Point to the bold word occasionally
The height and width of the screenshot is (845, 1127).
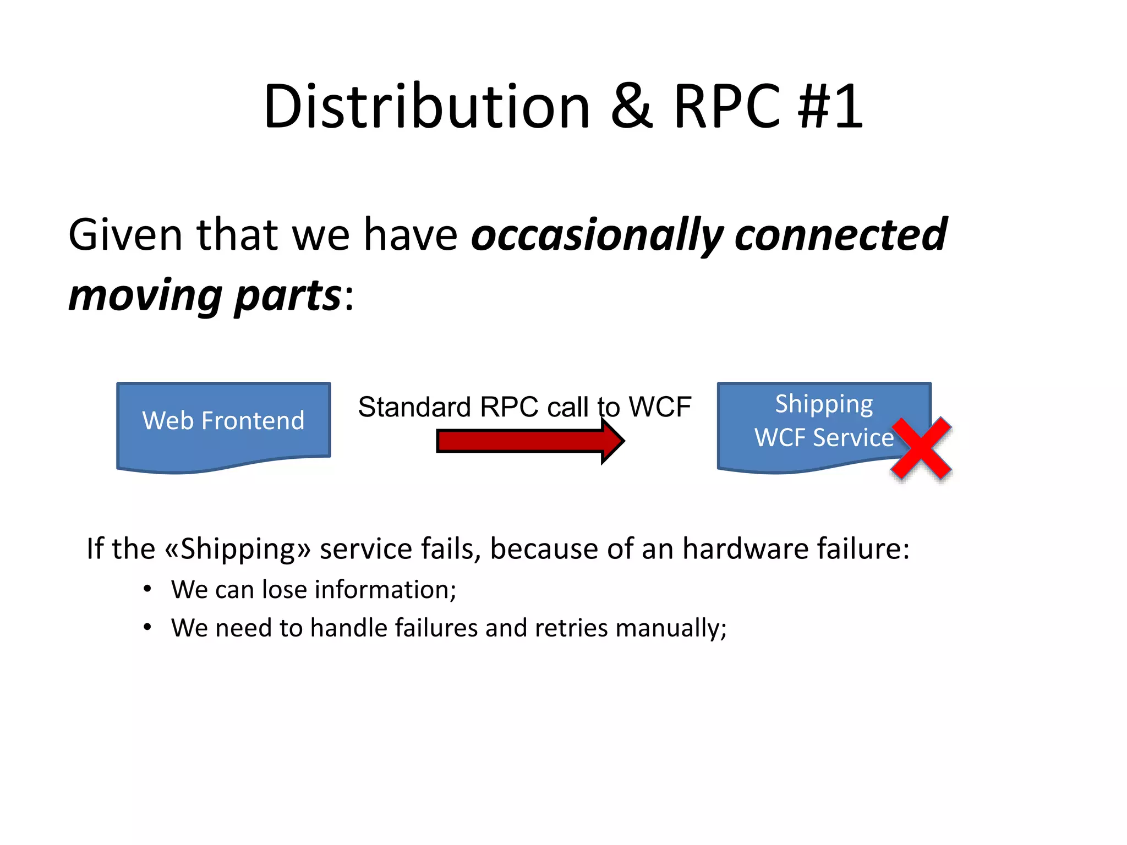click(x=597, y=235)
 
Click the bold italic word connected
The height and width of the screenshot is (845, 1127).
click(x=840, y=235)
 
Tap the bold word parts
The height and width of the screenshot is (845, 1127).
click(x=287, y=296)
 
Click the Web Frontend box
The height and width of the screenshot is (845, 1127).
click(x=223, y=421)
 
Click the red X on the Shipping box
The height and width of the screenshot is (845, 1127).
click(x=921, y=448)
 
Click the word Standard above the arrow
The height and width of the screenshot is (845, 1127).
click(x=414, y=408)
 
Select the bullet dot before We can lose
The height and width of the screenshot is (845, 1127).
click(x=147, y=589)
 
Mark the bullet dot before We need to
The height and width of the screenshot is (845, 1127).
click(x=147, y=627)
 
